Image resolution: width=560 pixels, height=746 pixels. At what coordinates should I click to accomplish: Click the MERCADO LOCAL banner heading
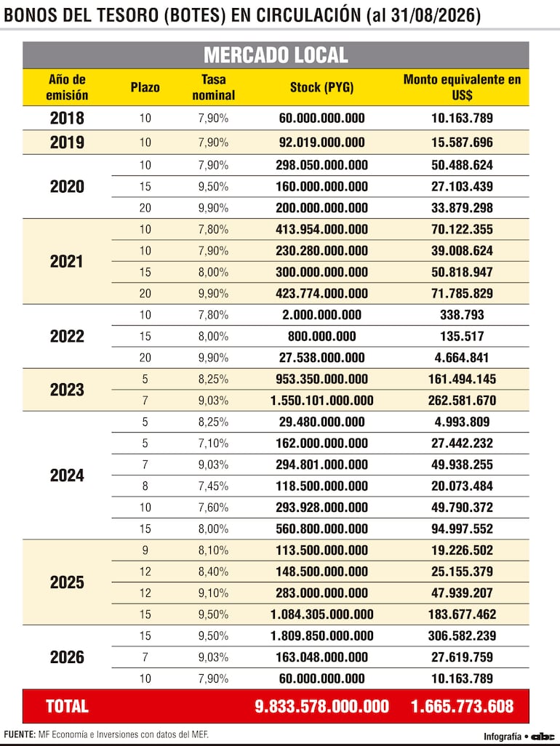point(276,55)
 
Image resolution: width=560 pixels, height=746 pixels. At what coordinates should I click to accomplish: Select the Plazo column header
point(145,87)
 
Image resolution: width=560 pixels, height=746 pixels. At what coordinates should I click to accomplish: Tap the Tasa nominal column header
point(214,87)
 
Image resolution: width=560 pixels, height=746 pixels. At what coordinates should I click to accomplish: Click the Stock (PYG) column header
point(321,87)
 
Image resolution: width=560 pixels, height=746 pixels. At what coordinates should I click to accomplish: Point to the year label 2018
point(67,118)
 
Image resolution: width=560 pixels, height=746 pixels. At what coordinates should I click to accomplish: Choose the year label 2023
point(67,390)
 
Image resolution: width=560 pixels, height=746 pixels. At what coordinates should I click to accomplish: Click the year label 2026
point(67,657)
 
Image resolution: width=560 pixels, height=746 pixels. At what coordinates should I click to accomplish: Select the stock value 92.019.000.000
point(321,143)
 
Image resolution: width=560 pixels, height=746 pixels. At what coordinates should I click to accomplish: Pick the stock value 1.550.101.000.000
point(321,401)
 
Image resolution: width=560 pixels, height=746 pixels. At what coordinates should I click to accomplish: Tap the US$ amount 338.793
point(462,315)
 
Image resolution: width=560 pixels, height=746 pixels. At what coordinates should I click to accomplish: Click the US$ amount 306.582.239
point(462,635)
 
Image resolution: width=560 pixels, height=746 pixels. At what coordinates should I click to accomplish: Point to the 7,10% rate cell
point(214,444)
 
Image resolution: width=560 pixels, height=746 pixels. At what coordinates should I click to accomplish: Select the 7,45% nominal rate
point(214,486)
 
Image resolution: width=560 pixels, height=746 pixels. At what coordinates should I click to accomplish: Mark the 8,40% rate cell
point(214,572)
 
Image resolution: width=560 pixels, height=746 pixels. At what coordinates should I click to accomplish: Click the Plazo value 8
point(145,486)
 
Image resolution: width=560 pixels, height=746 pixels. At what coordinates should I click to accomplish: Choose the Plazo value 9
point(145,550)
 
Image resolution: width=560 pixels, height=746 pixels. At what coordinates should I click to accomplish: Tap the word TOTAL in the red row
point(67,706)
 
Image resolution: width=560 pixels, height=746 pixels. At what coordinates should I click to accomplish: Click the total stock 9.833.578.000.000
point(321,706)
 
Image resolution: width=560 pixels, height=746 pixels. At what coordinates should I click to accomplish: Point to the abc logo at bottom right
point(543,737)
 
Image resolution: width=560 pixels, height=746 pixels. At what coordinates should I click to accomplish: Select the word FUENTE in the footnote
point(19,734)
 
